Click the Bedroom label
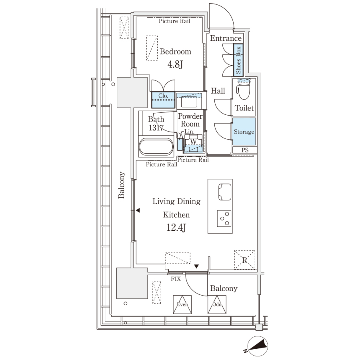coord(176,52)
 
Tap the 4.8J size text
coord(175,64)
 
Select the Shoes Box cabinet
coord(238,60)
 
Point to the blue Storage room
coord(244,131)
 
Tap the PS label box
coord(244,150)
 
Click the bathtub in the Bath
coord(156,146)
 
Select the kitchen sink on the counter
coord(225,192)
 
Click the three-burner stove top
coord(224,218)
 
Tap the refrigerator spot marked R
coord(244,260)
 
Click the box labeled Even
coord(182,304)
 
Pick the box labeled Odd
coord(217,304)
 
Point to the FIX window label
coord(176,279)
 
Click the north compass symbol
coord(257,346)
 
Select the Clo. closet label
coord(163,96)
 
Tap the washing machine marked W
coord(193,143)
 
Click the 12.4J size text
coord(176,228)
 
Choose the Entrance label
coord(226,38)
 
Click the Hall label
coord(218,91)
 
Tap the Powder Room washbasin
coord(189,102)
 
